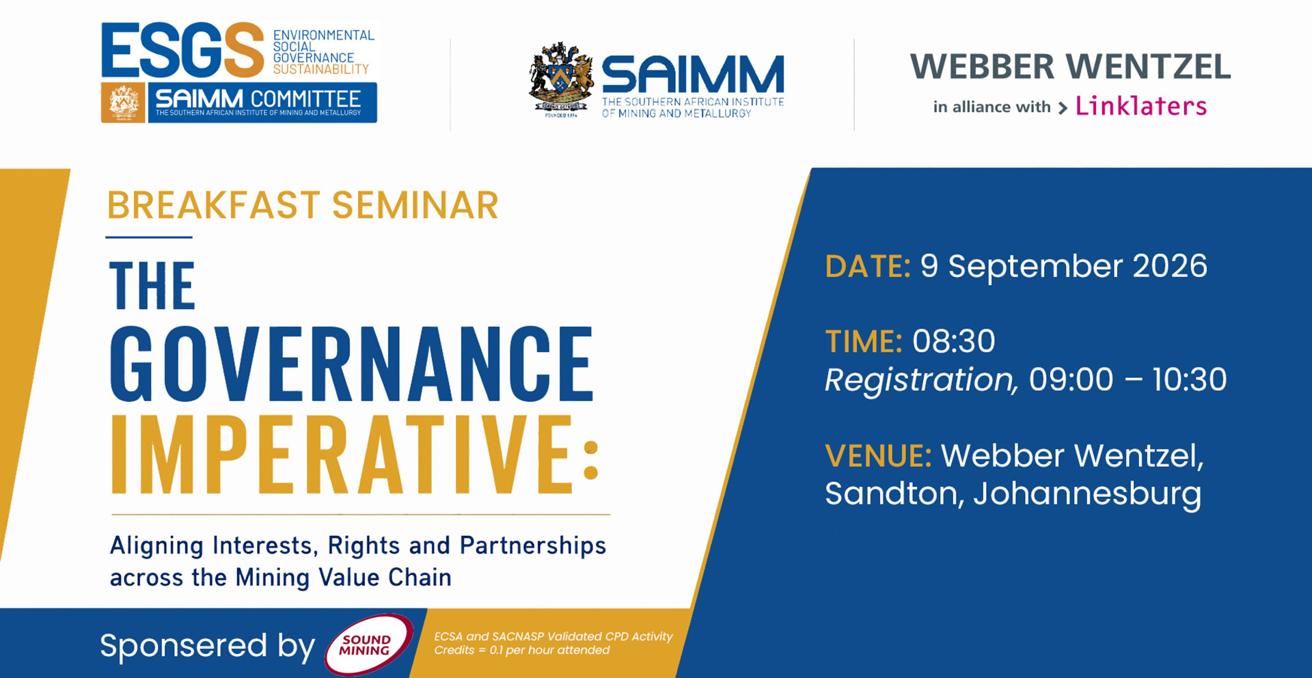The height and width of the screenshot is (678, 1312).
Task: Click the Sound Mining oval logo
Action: pyautogui.click(x=369, y=645)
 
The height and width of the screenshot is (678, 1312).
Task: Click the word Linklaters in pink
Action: pyautogui.click(x=1141, y=106)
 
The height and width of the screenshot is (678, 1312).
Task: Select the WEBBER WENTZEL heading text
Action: pyautogui.click(x=1070, y=67)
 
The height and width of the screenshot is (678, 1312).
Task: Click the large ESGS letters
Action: pyautogui.click(x=182, y=50)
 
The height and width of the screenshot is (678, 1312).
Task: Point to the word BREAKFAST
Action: pyautogui.click(x=214, y=205)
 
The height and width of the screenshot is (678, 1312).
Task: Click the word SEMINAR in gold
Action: pyautogui.click(x=415, y=205)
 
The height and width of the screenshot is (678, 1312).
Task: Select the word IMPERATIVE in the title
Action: pyautogui.click(x=341, y=453)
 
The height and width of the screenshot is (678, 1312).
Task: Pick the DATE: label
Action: pyautogui.click(x=868, y=266)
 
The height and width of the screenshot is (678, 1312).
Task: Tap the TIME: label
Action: pyautogui.click(x=864, y=341)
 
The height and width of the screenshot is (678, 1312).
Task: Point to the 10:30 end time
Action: pyautogui.click(x=1190, y=379)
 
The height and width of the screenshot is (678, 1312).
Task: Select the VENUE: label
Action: pyautogui.click(x=879, y=456)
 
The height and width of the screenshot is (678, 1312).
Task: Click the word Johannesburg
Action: pyautogui.click(x=1087, y=494)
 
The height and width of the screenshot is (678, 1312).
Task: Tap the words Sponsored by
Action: pyautogui.click(x=207, y=646)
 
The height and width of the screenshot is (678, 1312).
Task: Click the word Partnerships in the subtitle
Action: pyautogui.click(x=533, y=546)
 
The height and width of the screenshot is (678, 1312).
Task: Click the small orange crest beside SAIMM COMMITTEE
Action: pyautogui.click(x=123, y=103)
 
